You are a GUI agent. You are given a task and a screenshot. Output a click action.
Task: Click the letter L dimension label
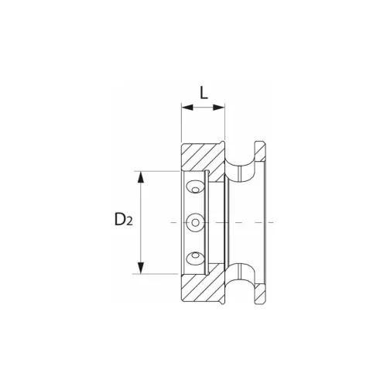pyautogui.click(x=204, y=92)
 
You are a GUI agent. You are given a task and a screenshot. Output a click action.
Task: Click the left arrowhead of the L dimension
pyautogui.click(x=185, y=108)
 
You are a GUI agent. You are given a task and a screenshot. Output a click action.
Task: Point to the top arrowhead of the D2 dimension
pyautogui.click(x=141, y=176)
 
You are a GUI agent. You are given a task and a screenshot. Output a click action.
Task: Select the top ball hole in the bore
pyautogui.click(x=196, y=187)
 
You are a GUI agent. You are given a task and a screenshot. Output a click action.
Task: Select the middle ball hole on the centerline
pyautogui.click(x=196, y=222)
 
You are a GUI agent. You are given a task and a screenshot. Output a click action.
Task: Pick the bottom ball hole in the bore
pyautogui.click(x=196, y=257)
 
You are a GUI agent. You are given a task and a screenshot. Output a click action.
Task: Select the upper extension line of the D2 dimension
pyautogui.click(x=159, y=170)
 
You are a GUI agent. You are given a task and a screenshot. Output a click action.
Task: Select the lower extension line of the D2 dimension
pyautogui.click(x=159, y=274)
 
